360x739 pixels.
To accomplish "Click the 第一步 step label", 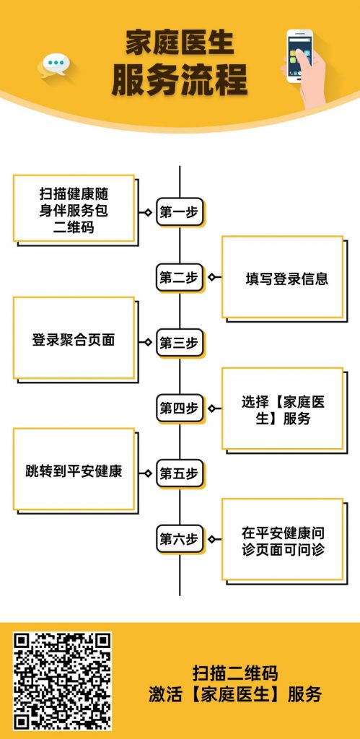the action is point(179,211).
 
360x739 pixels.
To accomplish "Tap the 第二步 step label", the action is point(179,277).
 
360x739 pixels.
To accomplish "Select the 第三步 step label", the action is point(179,343).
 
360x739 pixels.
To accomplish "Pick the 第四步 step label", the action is point(179,408).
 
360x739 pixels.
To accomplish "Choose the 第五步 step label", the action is point(179,473).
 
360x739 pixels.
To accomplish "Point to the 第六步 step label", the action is point(179,538).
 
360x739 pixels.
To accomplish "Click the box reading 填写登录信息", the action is point(283,277).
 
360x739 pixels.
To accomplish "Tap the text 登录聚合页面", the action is point(74,340).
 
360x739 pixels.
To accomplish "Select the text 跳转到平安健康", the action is point(74,471).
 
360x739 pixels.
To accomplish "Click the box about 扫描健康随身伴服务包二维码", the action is point(74,209).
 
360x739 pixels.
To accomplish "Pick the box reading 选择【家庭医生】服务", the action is point(283,408).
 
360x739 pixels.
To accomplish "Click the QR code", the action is point(62,681).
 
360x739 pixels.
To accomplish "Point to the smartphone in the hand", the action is point(299,56).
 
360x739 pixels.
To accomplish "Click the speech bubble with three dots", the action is point(54,64).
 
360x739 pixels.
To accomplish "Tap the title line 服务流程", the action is point(180,80).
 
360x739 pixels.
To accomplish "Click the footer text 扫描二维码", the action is point(234,673).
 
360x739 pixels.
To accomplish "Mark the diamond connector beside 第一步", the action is point(148,212).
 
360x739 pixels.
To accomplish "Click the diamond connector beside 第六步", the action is point(211,538).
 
